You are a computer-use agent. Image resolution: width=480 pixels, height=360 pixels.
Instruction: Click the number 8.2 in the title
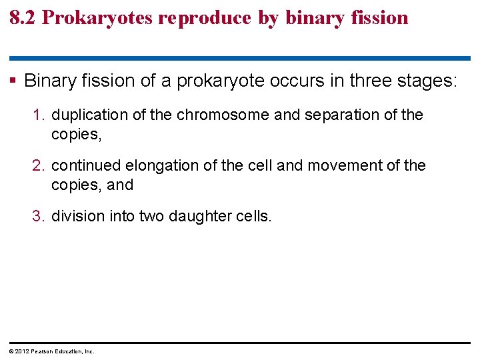click(23, 18)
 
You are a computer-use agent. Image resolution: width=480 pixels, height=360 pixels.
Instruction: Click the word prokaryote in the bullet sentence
click(228, 81)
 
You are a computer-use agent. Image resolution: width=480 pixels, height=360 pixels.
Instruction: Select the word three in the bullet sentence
click(364, 81)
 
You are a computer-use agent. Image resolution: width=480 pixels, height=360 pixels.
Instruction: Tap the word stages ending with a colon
click(427, 81)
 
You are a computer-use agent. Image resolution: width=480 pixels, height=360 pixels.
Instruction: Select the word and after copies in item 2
click(120, 185)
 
